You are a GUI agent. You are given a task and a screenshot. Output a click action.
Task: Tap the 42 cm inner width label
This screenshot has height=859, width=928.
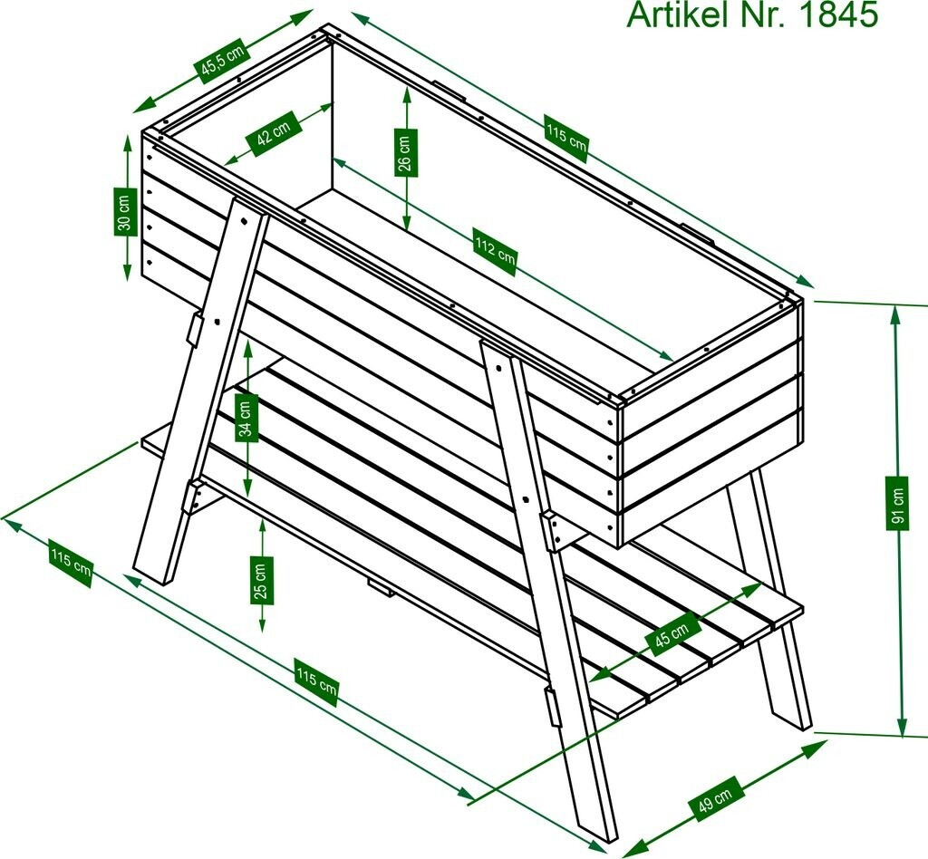pyautogui.click(x=274, y=134)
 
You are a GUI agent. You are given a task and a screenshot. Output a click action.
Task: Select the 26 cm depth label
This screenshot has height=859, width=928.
pyautogui.click(x=405, y=152)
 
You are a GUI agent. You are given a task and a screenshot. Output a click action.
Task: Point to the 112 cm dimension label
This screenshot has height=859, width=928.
pyautogui.click(x=496, y=251)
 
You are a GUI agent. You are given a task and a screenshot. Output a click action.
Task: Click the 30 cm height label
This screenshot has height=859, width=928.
pyautogui.click(x=124, y=212)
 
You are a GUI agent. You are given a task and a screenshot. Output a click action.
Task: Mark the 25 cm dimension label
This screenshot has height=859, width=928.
pyautogui.click(x=263, y=580)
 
